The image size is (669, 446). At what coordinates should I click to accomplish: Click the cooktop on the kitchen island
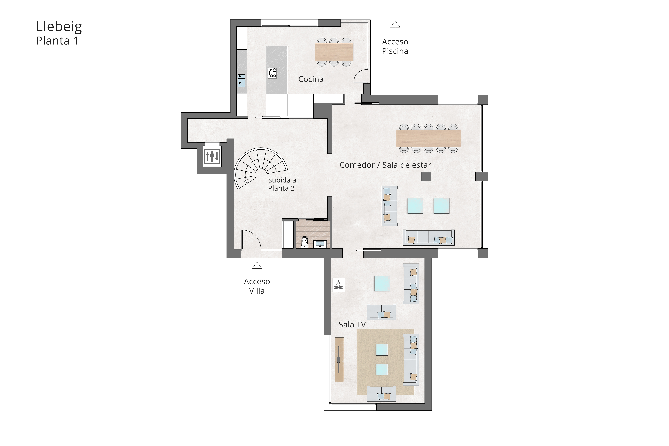[272, 73]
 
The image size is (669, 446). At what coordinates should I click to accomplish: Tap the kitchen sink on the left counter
[242, 83]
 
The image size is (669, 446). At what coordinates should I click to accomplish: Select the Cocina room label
[311, 79]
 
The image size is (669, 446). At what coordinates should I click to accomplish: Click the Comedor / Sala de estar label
[385, 165]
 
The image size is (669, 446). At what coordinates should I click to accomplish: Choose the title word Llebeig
[59, 26]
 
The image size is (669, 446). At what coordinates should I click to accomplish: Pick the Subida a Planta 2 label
[282, 184]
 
